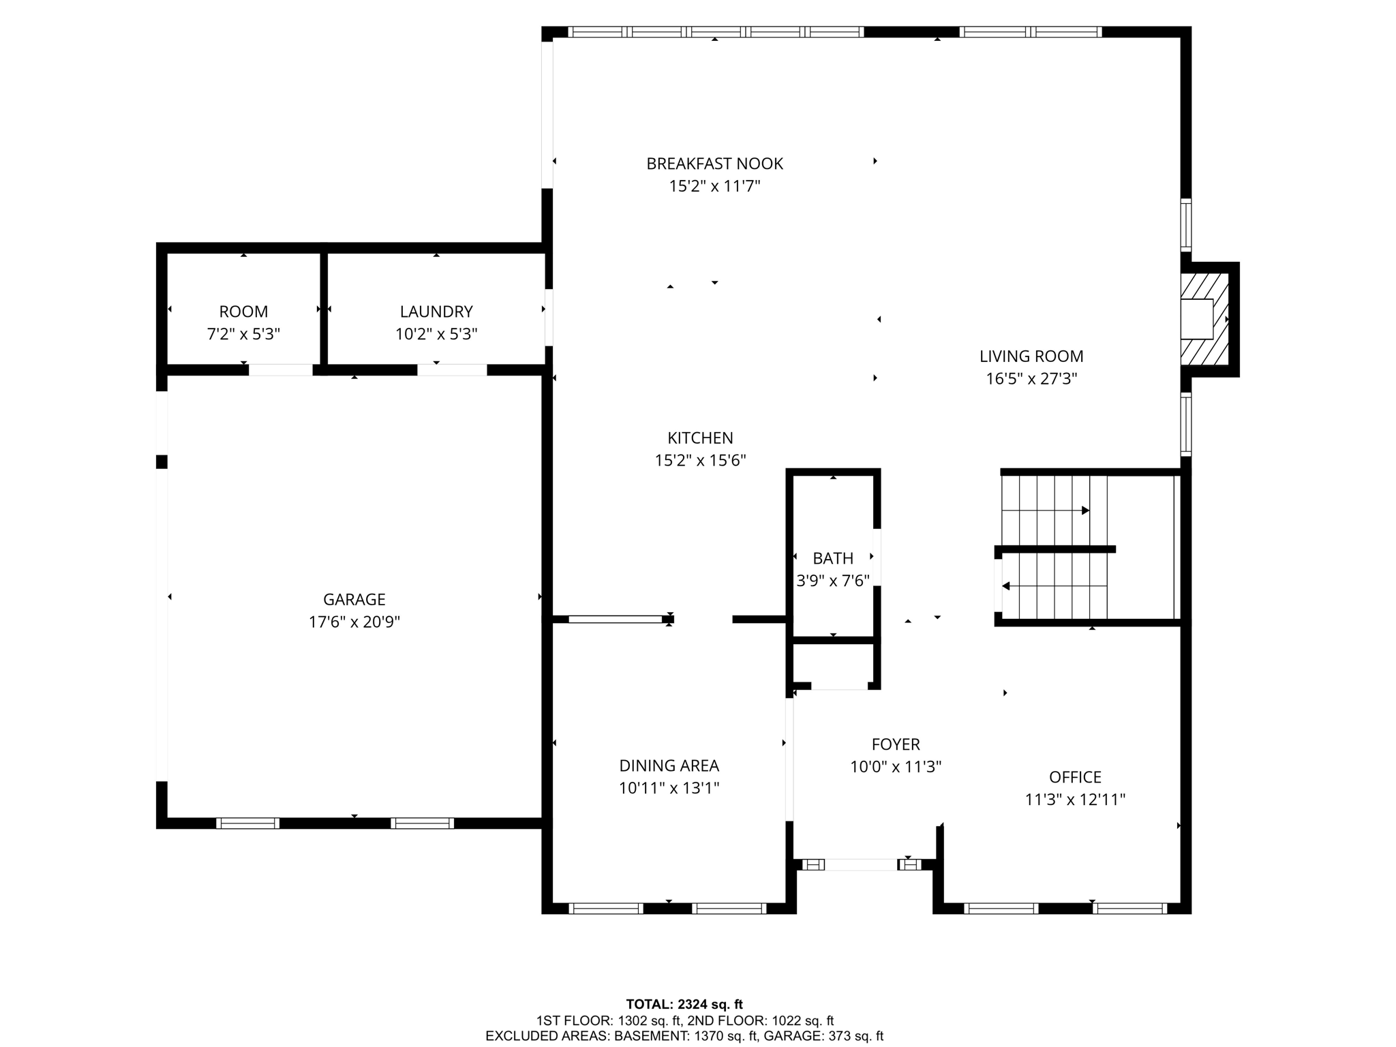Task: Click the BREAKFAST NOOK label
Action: (714, 164)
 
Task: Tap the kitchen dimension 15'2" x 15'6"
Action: (700, 461)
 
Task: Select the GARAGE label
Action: (354, 599)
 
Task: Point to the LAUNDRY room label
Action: (436, 312)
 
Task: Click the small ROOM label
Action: (243, 312)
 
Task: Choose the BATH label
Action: (833, 558)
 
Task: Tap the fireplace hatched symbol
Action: (1204, 319)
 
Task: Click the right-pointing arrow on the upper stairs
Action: (1085, 511)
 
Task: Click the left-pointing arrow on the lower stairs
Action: (1006, 586)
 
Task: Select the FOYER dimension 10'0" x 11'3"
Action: (896, 767)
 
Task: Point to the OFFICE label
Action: (1075, 777)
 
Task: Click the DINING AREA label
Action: (669, 765)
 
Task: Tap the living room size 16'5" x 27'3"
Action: (1031, 379)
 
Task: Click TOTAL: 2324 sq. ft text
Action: (684, 1004)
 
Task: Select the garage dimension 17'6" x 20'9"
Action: (354, 622)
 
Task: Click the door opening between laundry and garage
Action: (452, 370)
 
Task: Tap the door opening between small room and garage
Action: (280, 370)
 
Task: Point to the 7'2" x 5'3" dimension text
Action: (243, 334)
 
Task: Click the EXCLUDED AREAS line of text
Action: (684, 1036)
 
